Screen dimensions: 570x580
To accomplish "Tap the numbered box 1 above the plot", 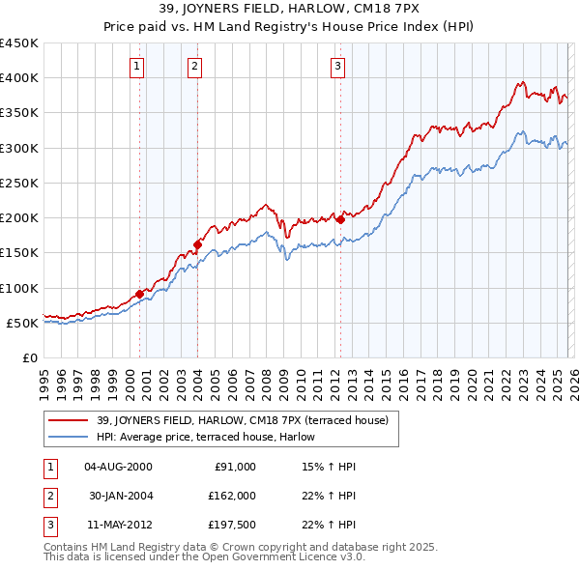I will [137, 67].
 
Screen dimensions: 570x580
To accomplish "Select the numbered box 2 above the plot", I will [194, 67].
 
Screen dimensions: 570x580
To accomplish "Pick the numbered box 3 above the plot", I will [337, 67].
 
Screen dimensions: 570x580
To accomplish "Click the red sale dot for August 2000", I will [139, 294].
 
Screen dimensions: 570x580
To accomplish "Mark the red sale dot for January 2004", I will [197, 244].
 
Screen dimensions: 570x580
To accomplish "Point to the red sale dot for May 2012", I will [340, 219].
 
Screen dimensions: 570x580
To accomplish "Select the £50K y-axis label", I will [22, 323].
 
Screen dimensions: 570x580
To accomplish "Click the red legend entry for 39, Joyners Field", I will [243, 420].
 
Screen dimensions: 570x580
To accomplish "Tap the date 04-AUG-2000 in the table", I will [118, 467].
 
